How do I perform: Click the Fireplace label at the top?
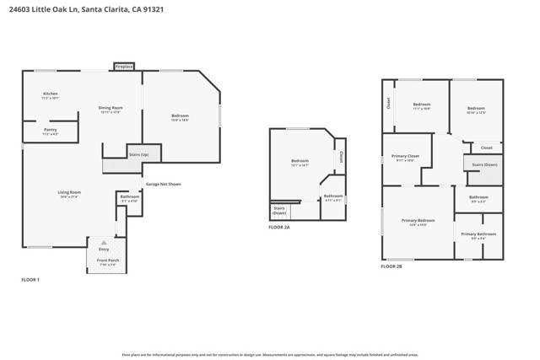(x=124, y=66)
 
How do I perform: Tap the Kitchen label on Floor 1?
(x=51, y=94)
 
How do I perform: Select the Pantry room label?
(x=51, y=131)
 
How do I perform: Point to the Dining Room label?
(x=111, y=108)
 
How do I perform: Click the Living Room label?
(x=69, y=193)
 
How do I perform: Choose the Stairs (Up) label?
(x=138, y=155)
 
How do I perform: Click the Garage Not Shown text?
(x=163, y=184)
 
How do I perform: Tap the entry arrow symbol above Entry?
(x=104, y=242)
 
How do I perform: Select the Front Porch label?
(x=107, y=261)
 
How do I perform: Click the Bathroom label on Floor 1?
(x=130, y=197)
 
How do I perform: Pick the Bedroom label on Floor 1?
(x=180, y=116)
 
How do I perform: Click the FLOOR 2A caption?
(x=279, y=228)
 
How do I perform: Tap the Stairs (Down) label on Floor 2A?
(x=279, y=210)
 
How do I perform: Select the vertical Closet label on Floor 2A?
(x=342, y=157)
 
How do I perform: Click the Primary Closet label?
(x=406, y=157)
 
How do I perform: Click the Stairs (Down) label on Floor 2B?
(x=484, y=164)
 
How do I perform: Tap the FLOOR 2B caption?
(x=391, y=266)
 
